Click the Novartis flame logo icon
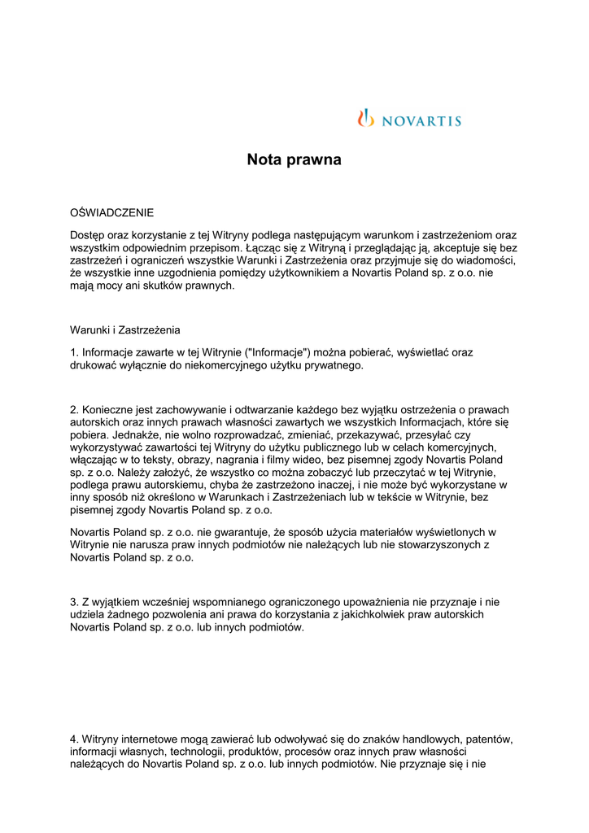pyautogui.click(x=365, y=118)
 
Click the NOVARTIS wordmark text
pyautogui.click(x=421, y=121)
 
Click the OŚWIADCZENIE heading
pyautogui.click(x=111, y=212)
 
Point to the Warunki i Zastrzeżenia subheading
pyautogui.click(x=125, y=330)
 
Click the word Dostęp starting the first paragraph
pyautogui.click(x=89, y=234)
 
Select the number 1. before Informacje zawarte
pyautogui.click(x=74, y=353)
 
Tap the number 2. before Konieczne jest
pyautogui.click(x=74, y=410)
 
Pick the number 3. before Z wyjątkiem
pyautogui.click(x=74, y=602)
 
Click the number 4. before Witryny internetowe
pyautogui.click(x=74, y=739)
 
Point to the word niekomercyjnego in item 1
pyautogui.click(x=199, y=365)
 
